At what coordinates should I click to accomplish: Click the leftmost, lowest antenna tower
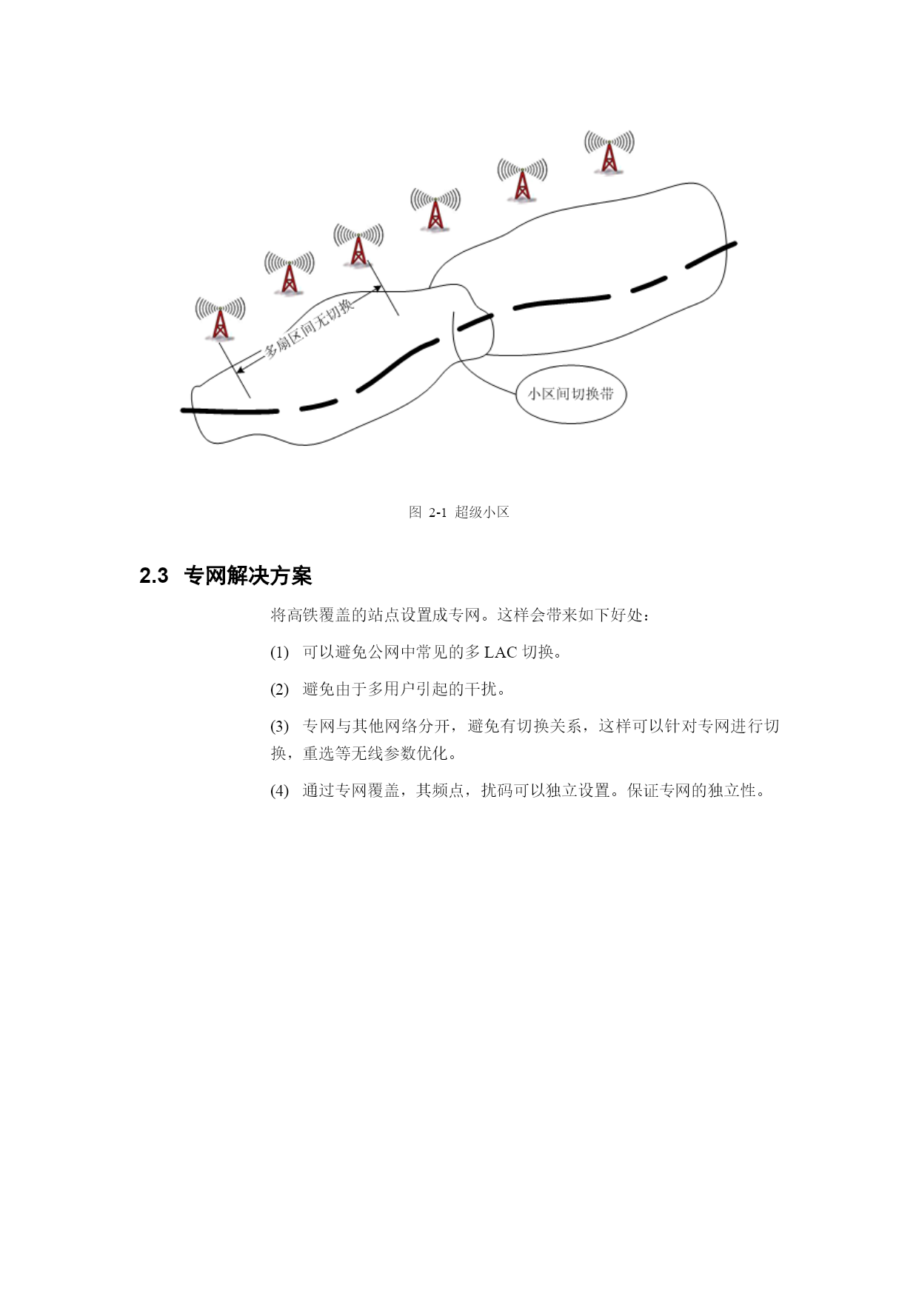click(220, 319)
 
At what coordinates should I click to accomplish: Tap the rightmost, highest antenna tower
click(609, 152)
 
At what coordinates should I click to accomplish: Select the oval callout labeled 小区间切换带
click(571, 394)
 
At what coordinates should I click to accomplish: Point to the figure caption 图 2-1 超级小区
click(459, 512)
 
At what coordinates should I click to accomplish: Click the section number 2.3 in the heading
click(154, 575)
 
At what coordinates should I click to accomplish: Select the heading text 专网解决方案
click(248, 575)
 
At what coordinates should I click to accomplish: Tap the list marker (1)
click(279, 652)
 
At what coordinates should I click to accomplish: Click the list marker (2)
click(279, 689)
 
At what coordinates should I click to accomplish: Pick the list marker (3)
click(279, 727)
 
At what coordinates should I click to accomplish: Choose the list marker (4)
click(279, 791)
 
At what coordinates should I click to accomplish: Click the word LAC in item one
click(501, 652)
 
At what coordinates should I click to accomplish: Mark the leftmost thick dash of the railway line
click(230, 410)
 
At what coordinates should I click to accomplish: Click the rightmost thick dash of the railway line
click(711, 255)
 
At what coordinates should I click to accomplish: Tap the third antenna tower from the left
click(358, 245)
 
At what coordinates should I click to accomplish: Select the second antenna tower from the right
click(522, 180)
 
